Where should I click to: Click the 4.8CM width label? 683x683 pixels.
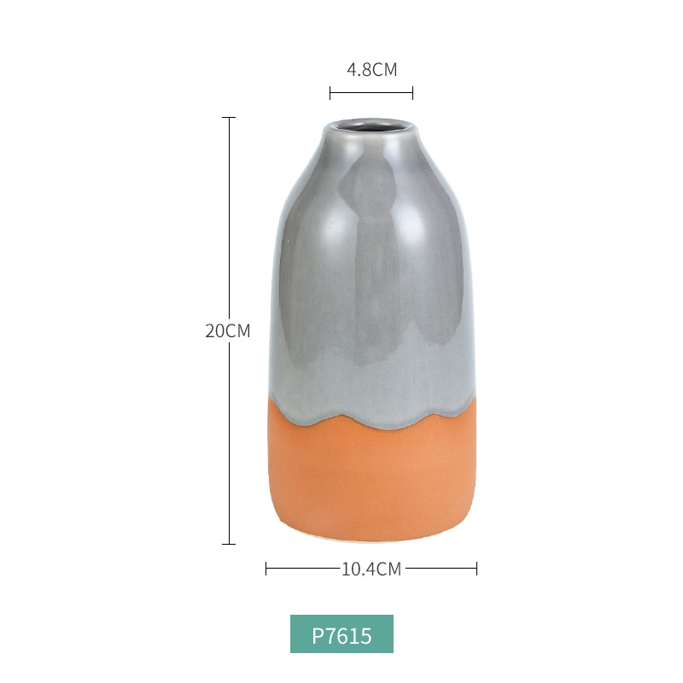click(372, 70)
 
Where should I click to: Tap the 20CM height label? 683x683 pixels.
click(228, 331)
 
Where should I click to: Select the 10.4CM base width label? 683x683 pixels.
click(371, 569)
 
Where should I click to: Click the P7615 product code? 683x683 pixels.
click(342, 636)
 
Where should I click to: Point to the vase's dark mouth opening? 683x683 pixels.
click(371, 126)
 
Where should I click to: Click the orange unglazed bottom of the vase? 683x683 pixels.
click(371, 479)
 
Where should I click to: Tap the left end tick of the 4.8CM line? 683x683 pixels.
click(330, 93)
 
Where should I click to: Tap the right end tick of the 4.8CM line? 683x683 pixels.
click(412, 93)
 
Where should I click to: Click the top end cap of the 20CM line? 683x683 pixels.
click(229, 118)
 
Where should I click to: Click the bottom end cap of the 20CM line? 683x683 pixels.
click(229, 544)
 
